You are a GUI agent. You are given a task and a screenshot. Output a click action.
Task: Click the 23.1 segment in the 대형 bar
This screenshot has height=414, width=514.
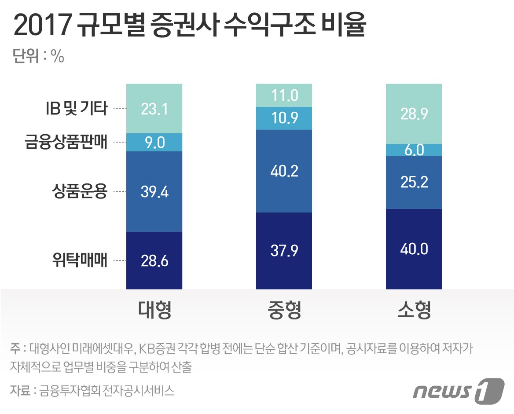click(154, 108)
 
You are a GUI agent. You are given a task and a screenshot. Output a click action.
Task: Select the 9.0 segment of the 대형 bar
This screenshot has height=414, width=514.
click(154, 142)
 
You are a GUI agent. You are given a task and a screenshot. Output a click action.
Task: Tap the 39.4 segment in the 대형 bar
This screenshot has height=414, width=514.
click(154, 191)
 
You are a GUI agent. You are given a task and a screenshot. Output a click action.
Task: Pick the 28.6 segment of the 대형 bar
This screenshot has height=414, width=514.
click(154, 260)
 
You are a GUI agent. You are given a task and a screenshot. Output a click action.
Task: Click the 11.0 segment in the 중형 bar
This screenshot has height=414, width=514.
click(284, 95)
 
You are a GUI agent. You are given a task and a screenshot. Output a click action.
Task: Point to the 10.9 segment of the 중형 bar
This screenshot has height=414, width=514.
click(284, 118)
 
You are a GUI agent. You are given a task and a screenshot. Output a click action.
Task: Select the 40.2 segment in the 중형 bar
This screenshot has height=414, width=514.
click(284, 171)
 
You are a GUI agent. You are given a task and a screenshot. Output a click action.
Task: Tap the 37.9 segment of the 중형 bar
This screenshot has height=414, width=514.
click(284, 251)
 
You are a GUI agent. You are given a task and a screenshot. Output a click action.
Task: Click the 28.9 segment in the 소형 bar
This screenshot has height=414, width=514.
click(414, 114)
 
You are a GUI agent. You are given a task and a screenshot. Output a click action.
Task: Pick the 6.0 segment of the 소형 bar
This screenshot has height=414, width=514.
click(414, 150)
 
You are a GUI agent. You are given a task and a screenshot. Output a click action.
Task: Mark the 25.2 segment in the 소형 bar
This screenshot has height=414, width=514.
click(414, 182)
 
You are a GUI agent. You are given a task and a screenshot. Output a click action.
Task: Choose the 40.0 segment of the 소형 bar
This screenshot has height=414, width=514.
click(414, 249)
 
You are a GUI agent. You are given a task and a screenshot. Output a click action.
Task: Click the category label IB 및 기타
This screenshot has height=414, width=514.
click(77, 108)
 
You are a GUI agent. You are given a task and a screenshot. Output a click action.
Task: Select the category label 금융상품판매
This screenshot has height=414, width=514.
click(66, 142)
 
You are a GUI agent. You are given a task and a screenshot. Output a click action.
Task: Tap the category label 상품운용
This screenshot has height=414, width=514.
click(79, 191)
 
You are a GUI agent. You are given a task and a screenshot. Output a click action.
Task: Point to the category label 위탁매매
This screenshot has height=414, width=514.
click(79, 260)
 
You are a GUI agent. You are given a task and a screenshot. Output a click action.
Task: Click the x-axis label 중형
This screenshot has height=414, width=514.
click(284, 311)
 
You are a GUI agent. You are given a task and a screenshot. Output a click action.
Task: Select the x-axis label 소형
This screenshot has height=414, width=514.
click(414, 311)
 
